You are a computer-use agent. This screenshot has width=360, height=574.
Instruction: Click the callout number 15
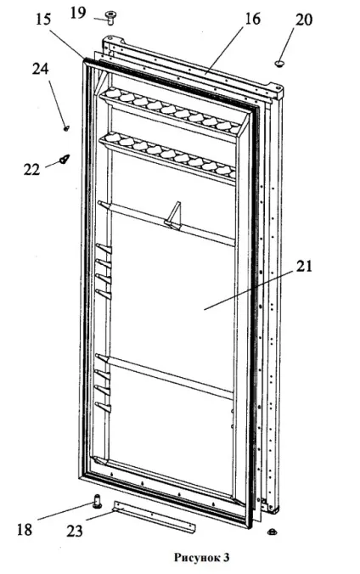tap(43, 20)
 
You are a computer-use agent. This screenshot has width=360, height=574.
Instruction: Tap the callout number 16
tap(252, 19)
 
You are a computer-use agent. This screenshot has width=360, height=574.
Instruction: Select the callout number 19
tap(78, 14)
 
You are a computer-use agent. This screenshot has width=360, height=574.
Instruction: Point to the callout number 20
tap(304, 20)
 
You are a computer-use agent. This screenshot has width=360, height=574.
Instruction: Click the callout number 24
tap(40, 69)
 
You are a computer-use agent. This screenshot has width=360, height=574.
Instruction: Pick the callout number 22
tap(31, 169)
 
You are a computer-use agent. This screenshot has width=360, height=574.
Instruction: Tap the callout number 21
tap(304, 266)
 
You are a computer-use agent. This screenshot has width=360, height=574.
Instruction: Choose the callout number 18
tap(25, 529)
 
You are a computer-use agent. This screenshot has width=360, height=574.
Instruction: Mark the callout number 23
tap(75, 531)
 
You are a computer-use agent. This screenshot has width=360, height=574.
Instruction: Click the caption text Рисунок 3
tap(202, 557)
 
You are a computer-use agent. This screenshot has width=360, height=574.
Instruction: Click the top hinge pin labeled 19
tap(110, 18)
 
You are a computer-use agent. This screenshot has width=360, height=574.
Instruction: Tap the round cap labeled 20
tap(280, 64)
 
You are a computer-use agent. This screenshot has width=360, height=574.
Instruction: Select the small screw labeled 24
tap(67, 128)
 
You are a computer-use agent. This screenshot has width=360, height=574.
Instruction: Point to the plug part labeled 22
tap(65, 160)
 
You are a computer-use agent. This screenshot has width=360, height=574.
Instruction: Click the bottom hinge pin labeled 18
tap(97, 500)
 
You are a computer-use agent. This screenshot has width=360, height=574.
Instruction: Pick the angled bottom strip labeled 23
tap(155, 516)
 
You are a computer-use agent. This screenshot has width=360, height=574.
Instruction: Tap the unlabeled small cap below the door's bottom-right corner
tap(272, 532)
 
